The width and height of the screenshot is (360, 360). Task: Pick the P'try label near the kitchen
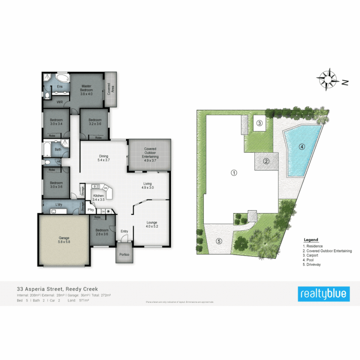pyautogui.click(x=90, y=210)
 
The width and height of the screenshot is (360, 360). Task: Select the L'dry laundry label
pyautogui.click(x=59, y=204)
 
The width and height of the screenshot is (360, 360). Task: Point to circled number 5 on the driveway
pyautogui.click(x=219, y=241)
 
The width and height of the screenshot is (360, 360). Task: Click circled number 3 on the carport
pyautogui.click(x=260, y=123)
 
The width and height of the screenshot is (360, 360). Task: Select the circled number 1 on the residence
pyautogui.click(x=234, y=173)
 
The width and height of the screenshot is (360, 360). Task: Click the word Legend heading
pyautogui.click(x=311, y=240)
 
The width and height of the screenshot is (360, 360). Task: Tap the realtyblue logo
pyautogui.click(x=324, y=294)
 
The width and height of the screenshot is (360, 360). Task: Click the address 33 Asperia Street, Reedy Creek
pyautogui.click(x=57, y=289)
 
